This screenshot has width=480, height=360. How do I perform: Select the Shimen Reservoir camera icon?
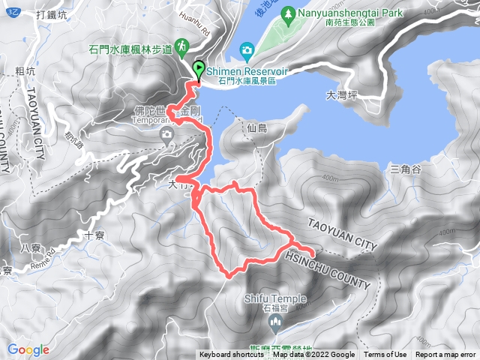[247, 50]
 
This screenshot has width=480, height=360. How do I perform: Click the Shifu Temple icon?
[275, 324]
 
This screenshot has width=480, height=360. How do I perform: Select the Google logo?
[28, 349]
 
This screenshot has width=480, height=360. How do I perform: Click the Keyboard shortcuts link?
[232, 355]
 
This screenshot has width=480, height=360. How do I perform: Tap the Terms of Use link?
[385, 355]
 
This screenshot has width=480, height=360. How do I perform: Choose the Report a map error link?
[445, 355]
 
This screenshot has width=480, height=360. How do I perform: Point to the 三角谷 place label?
[405, 169]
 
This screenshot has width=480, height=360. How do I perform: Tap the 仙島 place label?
[256, 128]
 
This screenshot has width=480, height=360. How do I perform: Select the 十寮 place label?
[94, 234]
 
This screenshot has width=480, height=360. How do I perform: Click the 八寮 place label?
[31, 247]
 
